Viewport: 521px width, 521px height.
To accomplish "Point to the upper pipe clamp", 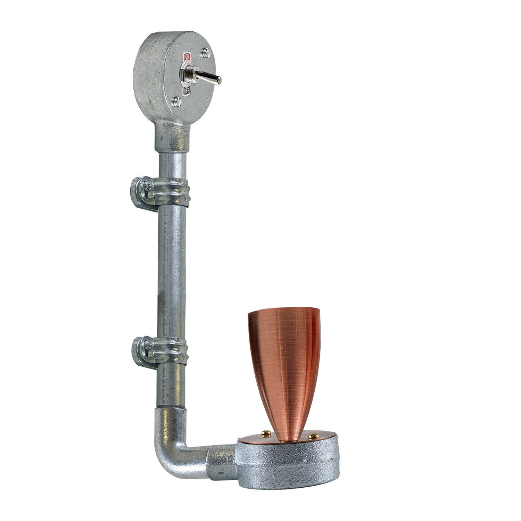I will tap(160, 191).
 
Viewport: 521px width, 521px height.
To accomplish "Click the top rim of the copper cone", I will tap(283, 311).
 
